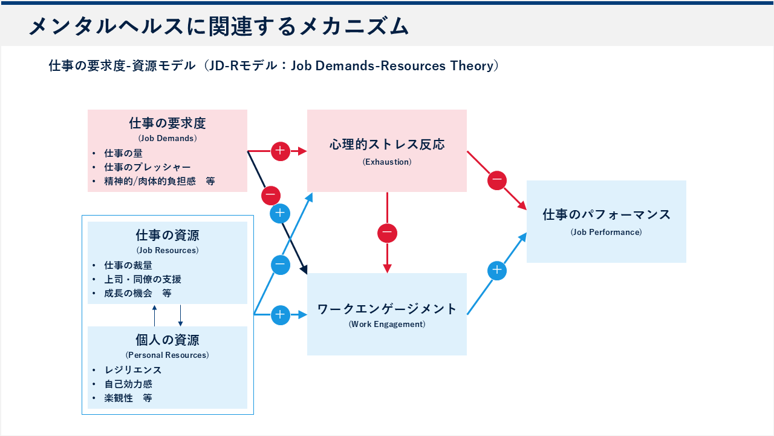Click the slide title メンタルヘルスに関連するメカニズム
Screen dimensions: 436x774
[x=219, y=26]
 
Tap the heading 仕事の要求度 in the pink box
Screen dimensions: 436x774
[x=167, y=124]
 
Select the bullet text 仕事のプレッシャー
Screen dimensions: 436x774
[x=147, y=167]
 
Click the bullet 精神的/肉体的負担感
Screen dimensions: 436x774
[x=154, y=181]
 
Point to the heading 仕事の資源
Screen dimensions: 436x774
[x=167, y=235]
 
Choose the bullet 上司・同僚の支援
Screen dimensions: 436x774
[x=143, y=279]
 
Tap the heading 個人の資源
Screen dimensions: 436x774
[x=167, y=340]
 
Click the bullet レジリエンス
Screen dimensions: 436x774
[x=133, y=369]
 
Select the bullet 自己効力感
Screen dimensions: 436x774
[x=128, y=384]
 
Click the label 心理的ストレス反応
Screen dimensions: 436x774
[x=387, y=145]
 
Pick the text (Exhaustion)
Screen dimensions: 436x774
[x=387, y=162]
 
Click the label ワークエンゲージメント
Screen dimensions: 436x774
[x=387, y=309]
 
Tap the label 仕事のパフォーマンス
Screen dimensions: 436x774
[x=607, y=214]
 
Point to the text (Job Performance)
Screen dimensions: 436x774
[x=607, y=232]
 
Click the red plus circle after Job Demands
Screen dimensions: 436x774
[x=281, y=151]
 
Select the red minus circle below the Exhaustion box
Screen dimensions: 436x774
[x=388, y=233]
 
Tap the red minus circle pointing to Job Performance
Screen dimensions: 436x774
[x=497, y=180]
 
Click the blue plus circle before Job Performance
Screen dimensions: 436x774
[x=497, y=271]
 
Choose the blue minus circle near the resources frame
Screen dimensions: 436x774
[x=281, y=265]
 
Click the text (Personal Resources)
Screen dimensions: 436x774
[x=167, y=355]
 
